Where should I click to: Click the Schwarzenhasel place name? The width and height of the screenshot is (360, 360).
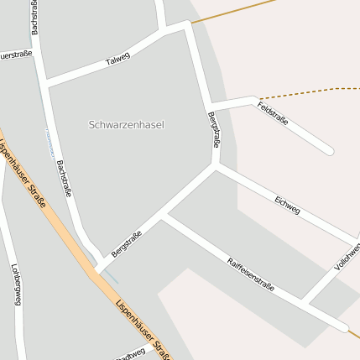126,124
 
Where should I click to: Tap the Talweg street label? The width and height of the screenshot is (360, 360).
118,60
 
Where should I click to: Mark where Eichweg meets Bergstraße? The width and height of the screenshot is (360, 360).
216,166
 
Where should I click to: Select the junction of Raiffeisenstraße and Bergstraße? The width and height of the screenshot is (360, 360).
164,217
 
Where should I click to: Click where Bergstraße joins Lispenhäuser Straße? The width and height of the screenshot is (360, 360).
98,271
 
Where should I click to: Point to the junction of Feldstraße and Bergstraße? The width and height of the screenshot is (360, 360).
208,107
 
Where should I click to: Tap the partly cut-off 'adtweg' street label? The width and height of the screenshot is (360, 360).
131,354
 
